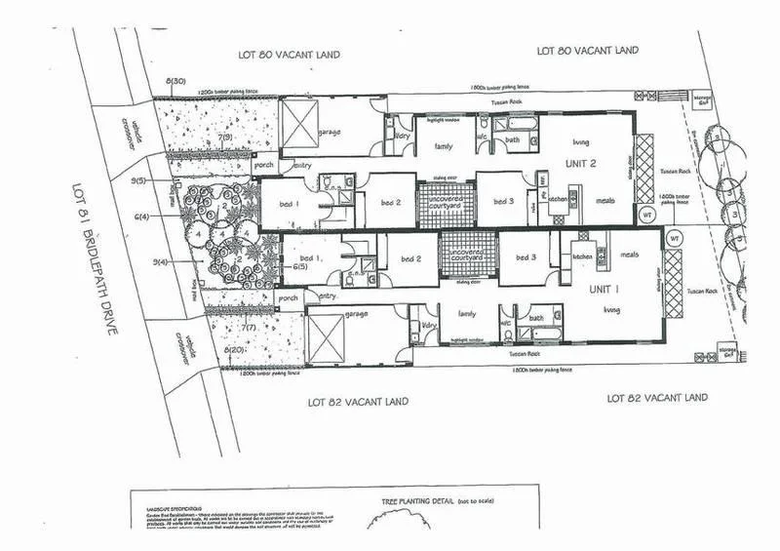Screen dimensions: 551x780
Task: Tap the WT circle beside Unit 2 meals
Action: (x=646, y=214)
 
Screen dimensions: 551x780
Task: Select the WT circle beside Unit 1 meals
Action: (x=673, y=237)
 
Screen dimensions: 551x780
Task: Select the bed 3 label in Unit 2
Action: (x=504, y=202)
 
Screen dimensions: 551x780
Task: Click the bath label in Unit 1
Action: (x=535, y=318)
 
